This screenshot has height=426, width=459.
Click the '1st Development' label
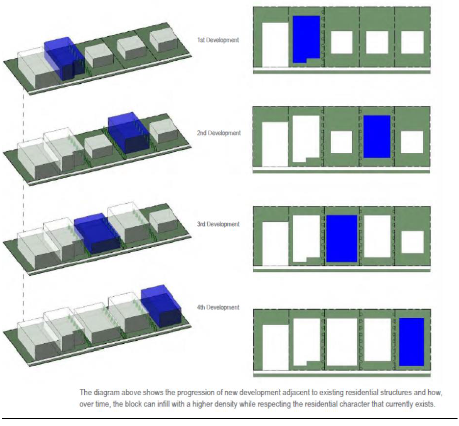(x=218, y=40)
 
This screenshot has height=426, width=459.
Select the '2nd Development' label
(x=218, y=133)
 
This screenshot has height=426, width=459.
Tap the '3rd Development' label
(x=218, y=224)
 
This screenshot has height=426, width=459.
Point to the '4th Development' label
(x=218, y=307)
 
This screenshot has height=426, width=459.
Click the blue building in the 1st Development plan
(x=306, y=38)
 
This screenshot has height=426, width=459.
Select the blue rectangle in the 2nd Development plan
(x=377, y=136)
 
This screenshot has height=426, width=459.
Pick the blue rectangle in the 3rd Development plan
(x=341, y=239)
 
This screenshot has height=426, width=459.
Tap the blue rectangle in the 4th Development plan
(x=411, y=342)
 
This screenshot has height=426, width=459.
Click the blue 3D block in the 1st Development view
(x=64, y=59)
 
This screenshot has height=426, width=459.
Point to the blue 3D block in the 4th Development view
(x=161, y=306)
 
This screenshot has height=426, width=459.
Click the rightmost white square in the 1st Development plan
(x=412, y=43)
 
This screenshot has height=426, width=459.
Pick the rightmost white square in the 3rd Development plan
(x=412, y=242)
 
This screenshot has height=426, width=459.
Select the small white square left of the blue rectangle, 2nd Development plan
(x=341, y=142)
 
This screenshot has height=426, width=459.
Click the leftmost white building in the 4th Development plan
(x=275, y=347)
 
